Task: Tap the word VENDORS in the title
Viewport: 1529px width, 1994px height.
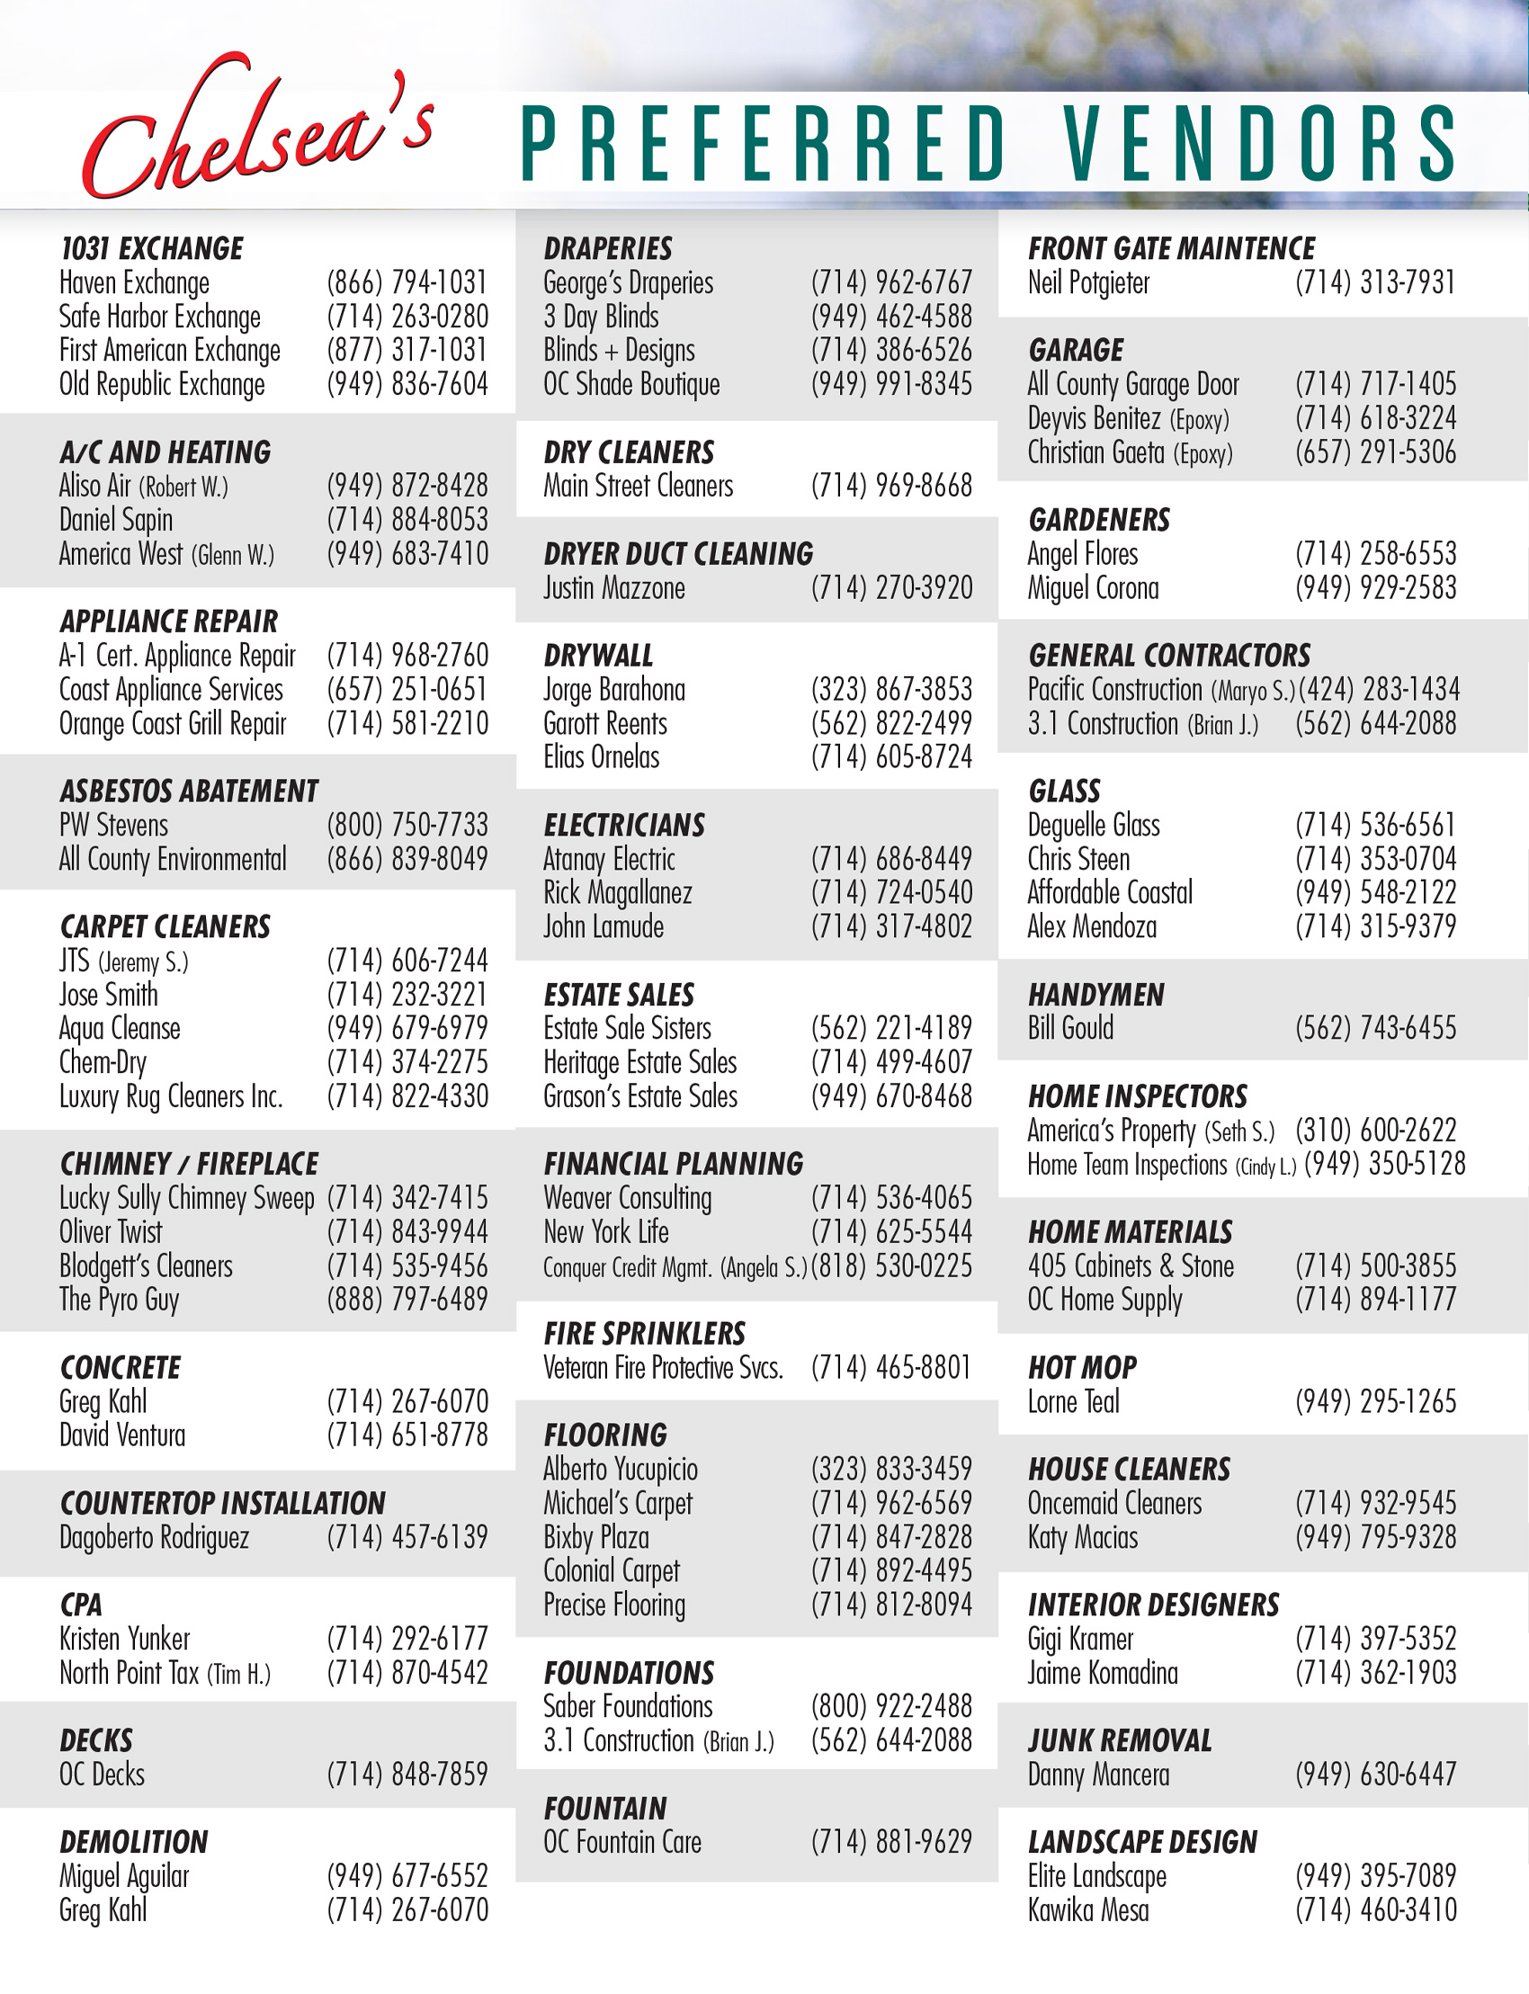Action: point(1260,144)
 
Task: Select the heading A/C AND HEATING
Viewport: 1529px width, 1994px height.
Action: point(165,452)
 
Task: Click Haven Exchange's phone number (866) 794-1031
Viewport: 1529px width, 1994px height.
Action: point(407,283)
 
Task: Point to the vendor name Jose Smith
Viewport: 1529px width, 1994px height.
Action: point(108,995)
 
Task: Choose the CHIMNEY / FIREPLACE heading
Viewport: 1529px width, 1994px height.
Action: point(188,1164)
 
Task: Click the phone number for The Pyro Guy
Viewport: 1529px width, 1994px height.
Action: point(407,1300)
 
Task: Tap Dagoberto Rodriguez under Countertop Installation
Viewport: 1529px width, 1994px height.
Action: point(154,1538)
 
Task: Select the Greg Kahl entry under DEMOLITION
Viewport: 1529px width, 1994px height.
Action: point(103,1910)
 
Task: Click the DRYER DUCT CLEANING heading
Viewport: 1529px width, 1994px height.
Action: point(678,554)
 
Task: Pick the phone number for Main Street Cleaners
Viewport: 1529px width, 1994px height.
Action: point(891,486)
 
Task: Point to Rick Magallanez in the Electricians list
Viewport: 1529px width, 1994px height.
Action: point(617,893)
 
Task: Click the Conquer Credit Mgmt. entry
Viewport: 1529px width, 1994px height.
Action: point(675,1267)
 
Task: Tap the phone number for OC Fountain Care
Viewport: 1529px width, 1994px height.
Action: point(891,1842)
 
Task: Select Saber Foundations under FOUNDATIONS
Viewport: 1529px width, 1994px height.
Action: point(628,1706)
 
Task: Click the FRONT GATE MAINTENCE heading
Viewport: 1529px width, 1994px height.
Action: point(1171,248)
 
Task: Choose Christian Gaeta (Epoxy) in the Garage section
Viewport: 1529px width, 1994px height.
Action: point(1130,452)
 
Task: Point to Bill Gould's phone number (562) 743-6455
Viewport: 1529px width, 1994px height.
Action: point(1375,1028)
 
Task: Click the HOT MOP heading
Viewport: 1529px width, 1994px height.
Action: point(1082,1368)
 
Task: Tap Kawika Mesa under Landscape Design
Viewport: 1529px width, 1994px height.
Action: point(1087,1910)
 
